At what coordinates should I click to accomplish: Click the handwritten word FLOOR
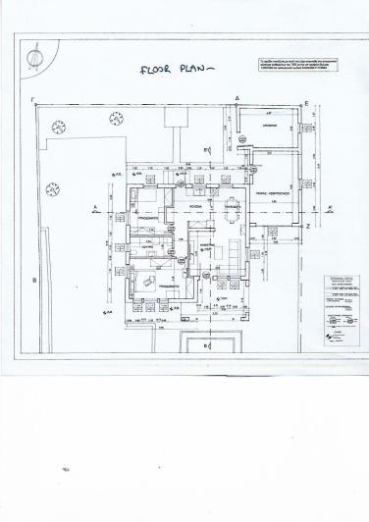click(x=158, y=70)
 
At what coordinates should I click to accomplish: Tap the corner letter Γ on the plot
click(x=34, y=100)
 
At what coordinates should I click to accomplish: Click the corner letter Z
click(x=307, y=226)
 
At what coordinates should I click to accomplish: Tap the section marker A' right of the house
click(x=331, y=207)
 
